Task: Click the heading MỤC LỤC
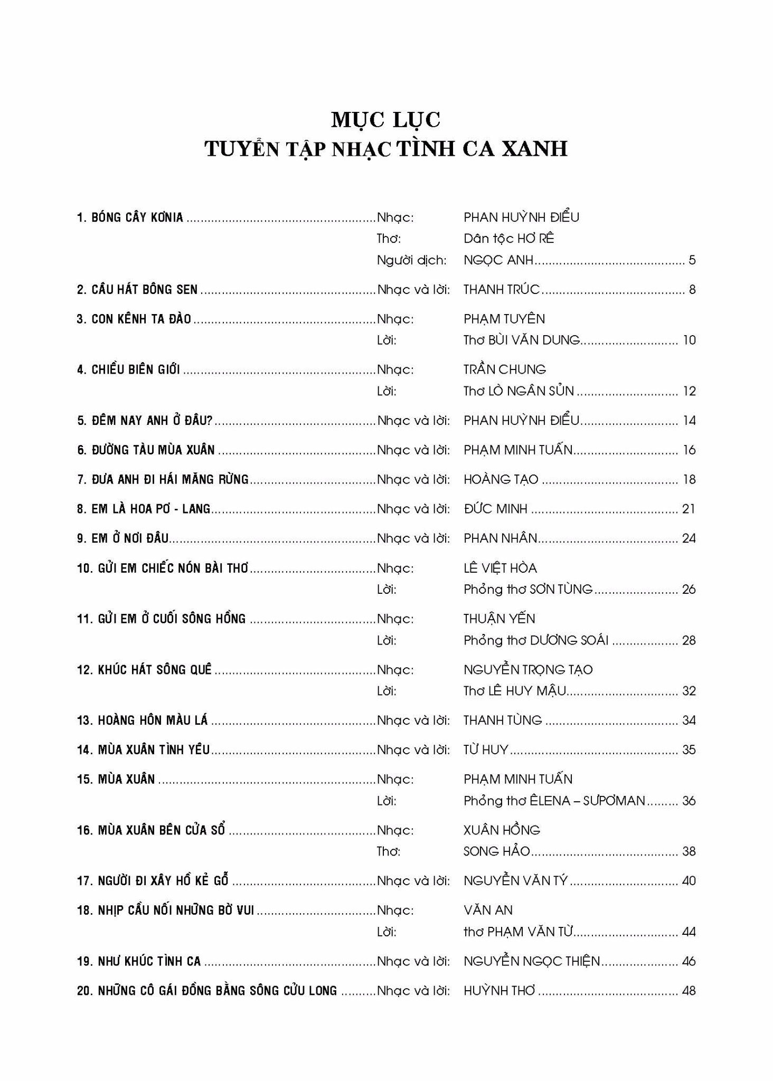(x=385, y=120)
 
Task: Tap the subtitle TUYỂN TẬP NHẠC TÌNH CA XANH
(x=386, y=149)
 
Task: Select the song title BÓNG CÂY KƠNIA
(x=137, y=217)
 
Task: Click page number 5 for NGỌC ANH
(x=692, y=260)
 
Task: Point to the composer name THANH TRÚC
(x=501, y=289)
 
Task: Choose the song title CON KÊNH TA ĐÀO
(x=141, y=319)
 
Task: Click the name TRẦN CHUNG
(x=504, y=369)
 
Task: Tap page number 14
(x=689, y=421)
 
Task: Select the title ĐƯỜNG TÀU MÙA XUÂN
(x=153, y=450)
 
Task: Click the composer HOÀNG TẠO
(x=501, y=480)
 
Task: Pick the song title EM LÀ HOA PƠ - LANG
(x=150, y=509)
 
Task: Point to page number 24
(x=689, y=538)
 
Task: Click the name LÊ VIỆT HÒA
(x=499, y=568)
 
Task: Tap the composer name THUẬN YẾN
(x=499, y=619)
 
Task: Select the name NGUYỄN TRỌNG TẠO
(x=527, y=670)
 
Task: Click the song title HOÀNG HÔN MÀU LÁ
(x=153, y=720)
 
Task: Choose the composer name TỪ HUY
(x=486, y=750)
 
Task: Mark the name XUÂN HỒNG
(x=502, y=830)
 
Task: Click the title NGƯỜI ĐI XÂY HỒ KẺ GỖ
(x=163, y=881)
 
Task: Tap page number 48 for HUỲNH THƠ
(x=689, y=991)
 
